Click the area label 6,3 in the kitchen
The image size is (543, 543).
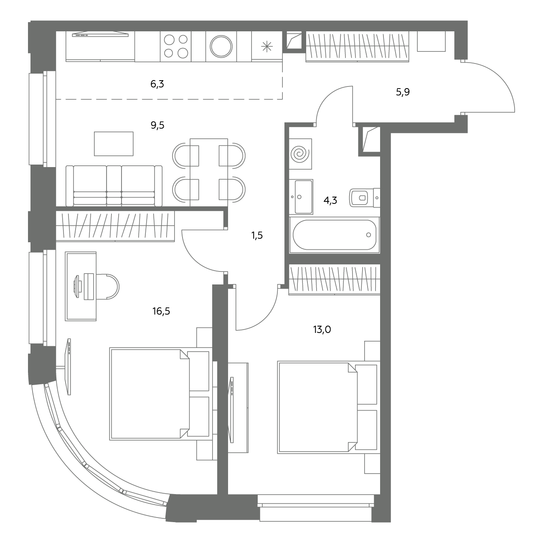tap(157, 84)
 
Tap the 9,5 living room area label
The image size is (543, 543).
tap(157, 125)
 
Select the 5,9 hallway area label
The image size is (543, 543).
tap(403, 92)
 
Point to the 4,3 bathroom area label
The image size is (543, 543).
tap(330, 200)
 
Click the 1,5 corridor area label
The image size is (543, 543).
tap(257, 235)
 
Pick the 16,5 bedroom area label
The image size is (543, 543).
tap(161, 311)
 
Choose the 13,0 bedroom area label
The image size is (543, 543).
tap(322, 329)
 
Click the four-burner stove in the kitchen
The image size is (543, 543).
tap(176, 46)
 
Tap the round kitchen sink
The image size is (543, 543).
tap(221, 46)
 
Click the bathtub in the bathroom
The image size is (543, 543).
tap(335, 235)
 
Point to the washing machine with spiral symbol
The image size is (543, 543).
tap(300, 154)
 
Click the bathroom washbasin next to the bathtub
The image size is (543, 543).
tap(301, 197)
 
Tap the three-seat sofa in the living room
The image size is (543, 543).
tap(114, 186)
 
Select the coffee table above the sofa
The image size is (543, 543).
tap(114, 144)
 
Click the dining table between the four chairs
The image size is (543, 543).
tap(209, 173)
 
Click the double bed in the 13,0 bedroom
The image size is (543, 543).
tap(329, 408)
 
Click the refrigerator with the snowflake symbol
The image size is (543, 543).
tap(267, 46)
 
